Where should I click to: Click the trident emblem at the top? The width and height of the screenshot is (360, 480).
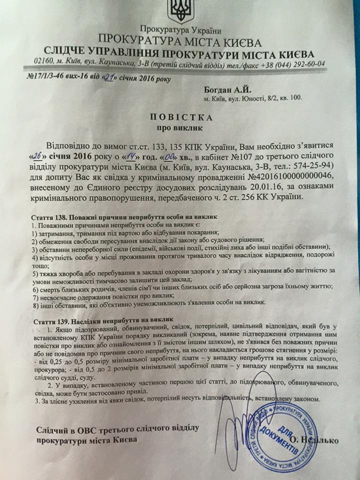(177, 10)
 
